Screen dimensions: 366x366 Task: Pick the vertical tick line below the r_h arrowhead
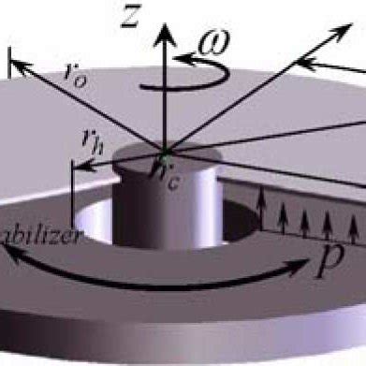pos(73,188)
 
